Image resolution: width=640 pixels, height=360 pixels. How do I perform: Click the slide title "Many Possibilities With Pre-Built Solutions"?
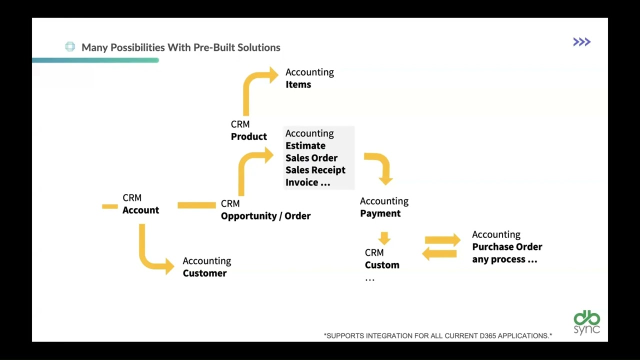[x=180, y=47]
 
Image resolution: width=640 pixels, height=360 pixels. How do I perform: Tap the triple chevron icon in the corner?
[x=581, y=42]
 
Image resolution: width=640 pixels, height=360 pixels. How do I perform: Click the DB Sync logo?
[x=586, y=323]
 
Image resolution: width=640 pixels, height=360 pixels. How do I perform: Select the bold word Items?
[x=298, y=84]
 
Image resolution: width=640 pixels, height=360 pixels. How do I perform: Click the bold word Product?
[x=249, y=136]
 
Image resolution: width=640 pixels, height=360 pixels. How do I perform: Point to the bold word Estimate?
[x=305, y=145]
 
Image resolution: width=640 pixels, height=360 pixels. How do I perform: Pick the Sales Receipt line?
[x=315, y=170]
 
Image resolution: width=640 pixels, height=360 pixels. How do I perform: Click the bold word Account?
[x=141, y=210]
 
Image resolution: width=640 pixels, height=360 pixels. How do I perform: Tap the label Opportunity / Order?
[x=265, y=216]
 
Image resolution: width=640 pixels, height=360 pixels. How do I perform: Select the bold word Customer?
[x=204, y=273]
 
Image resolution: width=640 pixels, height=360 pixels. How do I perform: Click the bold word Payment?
[x=380, y=213]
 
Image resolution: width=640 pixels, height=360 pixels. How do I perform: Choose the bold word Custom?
[x=382, y=265]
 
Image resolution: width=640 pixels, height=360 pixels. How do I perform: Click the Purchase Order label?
[x=507, y=247]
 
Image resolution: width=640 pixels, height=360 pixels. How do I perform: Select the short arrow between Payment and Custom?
[x=384, y=237]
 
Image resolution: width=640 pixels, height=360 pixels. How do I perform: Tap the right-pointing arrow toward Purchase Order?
[x=443, y=240]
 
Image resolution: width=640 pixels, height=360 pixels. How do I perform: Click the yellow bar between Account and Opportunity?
[x=196, y=205]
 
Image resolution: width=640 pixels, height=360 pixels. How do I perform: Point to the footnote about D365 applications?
[x=438, y=335]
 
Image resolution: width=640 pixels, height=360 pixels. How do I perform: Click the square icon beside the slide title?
[x=70, y=47]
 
